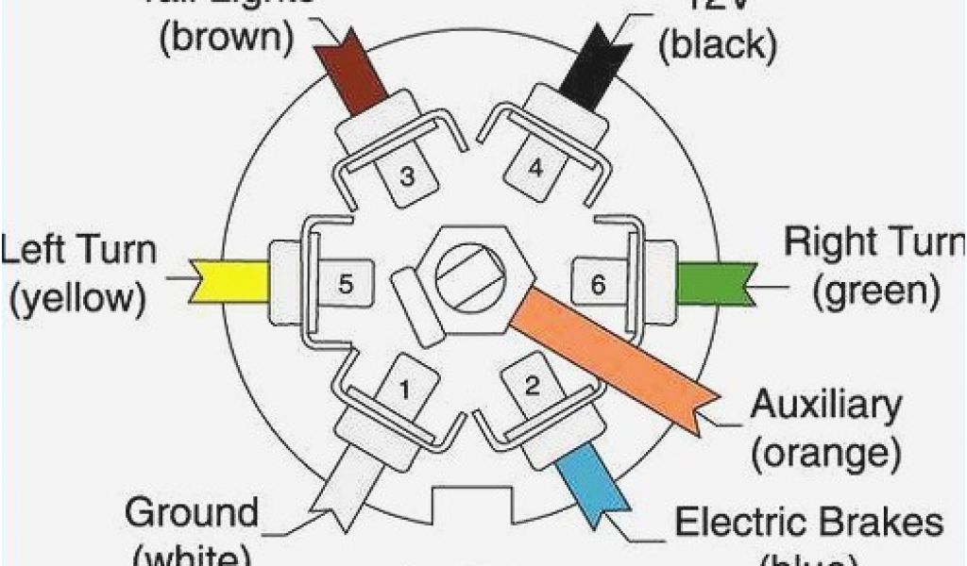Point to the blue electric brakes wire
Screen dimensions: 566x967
(589, 481)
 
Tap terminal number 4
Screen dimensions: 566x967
(535, 170)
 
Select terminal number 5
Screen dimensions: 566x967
(346, 282)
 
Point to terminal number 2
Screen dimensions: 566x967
(532, 384)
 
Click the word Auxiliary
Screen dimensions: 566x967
(825, 407)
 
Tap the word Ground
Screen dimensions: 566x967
(192, 514)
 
